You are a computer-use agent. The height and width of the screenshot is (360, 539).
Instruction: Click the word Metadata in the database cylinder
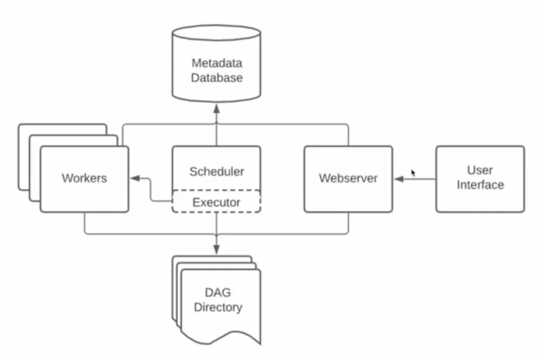(x=217, y=62)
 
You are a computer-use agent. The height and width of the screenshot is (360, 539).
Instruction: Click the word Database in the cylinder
(x=217, y=77)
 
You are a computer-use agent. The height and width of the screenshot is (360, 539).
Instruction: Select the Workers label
(x=84, y=178)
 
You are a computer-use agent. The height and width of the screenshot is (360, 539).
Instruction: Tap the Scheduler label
(x=216, y=171)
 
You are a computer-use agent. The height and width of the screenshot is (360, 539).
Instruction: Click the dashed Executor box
(x=216, y=201)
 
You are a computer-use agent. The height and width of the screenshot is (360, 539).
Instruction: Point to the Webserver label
(x=348, y=178)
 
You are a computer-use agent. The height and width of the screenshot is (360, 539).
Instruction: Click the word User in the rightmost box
(x=480, y=170)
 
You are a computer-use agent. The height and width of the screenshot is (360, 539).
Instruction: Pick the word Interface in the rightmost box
(x=480, y=185)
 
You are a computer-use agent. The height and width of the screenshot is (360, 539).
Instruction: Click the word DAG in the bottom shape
(x=217, y=292)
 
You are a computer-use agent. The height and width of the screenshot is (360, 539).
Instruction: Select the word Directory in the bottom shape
(x=217, y=308)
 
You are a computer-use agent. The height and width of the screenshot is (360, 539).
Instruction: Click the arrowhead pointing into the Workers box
(x=134, y=179)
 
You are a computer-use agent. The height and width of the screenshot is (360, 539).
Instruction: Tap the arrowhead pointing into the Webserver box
(x=397, y=179)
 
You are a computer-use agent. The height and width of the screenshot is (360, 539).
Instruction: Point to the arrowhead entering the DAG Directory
(x=217, y=249)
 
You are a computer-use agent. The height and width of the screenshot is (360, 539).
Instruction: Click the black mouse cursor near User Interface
(x=413, y=173)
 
